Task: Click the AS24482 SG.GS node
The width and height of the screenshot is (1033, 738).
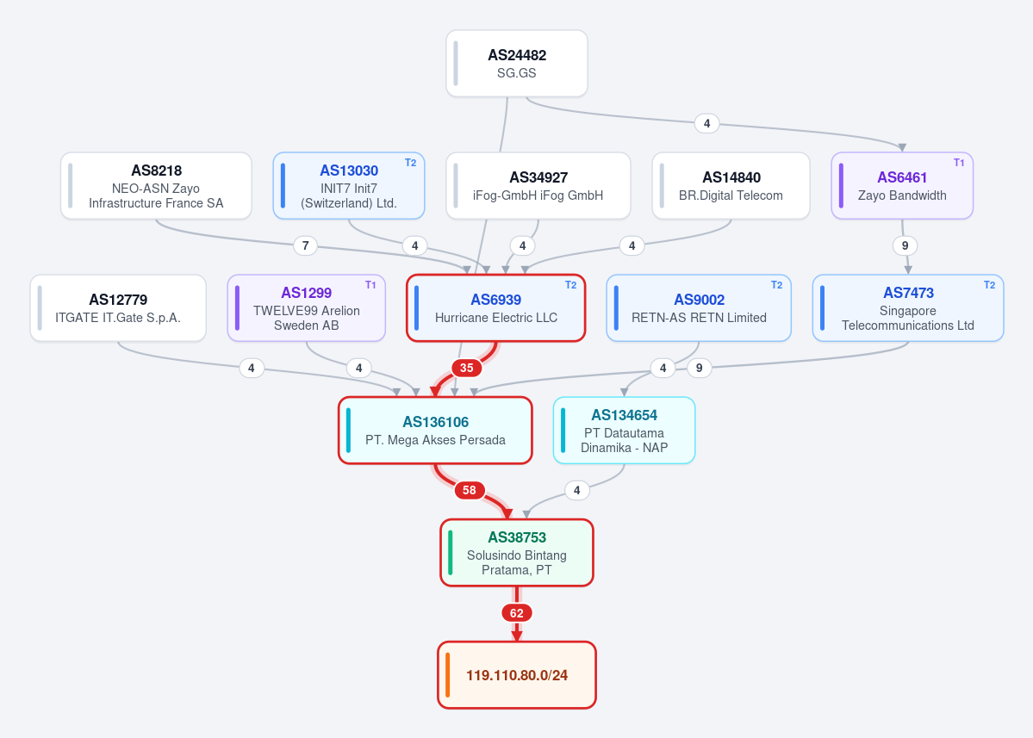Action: pyautogui.click(x=517, y=64)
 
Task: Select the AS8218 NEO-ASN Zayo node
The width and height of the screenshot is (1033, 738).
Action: pyautogui.click(x=156, y=186)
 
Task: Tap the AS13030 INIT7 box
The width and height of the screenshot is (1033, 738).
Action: pyautogui.click(x=349, y=186)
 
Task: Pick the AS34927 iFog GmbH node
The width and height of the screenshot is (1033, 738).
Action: pyautogui.click(x=538, y=186)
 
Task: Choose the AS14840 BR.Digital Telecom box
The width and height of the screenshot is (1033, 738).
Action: pyautogui.click(x=731, y=186)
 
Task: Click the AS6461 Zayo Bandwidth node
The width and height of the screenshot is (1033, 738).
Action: pyautogui.click(x=902, y=186)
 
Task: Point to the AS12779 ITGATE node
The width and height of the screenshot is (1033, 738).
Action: pyautogui.click(x=118, y=308)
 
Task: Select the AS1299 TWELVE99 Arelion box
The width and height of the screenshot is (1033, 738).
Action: pyautogui.click(x=307, y=308)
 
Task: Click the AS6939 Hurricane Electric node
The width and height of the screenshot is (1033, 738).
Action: pyautogui.click(x=496, y=308)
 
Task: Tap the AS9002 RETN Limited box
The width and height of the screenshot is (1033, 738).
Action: pyautogui.click(x=699, y=308)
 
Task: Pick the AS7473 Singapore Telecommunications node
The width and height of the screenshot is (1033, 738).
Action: pyautogui.click(x=908, y=308)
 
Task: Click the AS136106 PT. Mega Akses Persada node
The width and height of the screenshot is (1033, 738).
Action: pyautogui.click(x=435, y=431)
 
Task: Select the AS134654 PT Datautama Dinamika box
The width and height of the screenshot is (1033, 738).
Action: pyautogui.click(x=624, y=431)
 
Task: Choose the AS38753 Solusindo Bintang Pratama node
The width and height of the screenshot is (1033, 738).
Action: pyautogui.click(x=517, y=553)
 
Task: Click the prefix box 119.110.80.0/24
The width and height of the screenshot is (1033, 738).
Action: pyautogui.click(x=517, y=675)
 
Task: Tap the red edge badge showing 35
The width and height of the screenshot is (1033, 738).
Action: pyautogui.click(x=466, y=368)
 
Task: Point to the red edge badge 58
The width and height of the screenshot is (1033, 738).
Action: pyautogui.click(x=469, y=491)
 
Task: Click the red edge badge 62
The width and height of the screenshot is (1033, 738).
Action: pyautogui.click(x=517, y=613)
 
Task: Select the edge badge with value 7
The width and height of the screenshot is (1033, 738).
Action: pyautogui.click(x=305, y=245)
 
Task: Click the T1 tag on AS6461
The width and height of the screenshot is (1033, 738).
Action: pyautogui.click(x=959, y=163)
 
